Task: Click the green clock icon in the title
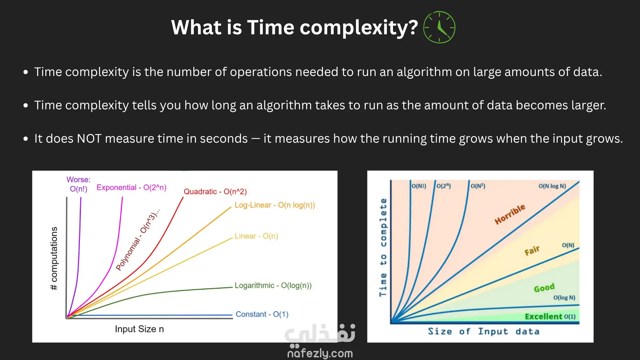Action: tap(439, 27)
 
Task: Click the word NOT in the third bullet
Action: tap(89, 139)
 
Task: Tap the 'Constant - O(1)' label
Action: tap(262, 314)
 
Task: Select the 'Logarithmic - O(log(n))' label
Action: tap(273, 286)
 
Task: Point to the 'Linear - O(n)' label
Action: tap(256, 236)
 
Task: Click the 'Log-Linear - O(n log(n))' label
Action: tap(275, 205)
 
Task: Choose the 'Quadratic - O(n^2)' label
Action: tap(215, 192)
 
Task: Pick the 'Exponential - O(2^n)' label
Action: tap(131, 188)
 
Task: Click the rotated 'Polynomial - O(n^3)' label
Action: tap(138, 240)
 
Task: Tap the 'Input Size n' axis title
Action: tap(139, 329)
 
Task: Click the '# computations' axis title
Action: tap(54, 258)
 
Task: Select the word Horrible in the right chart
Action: tap(510, 214)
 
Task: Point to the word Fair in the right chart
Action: tap(532, 251)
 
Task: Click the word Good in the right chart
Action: tap(544, 288)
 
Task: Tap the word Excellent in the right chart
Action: tap(543, 316)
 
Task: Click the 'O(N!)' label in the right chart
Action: tap(419, 186)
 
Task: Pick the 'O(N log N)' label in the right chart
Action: tap(552, 186)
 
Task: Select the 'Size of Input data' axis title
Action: tap(484, 331)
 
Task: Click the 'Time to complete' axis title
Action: tap(383, 247)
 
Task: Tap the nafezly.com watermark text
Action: tap(320, 353)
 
